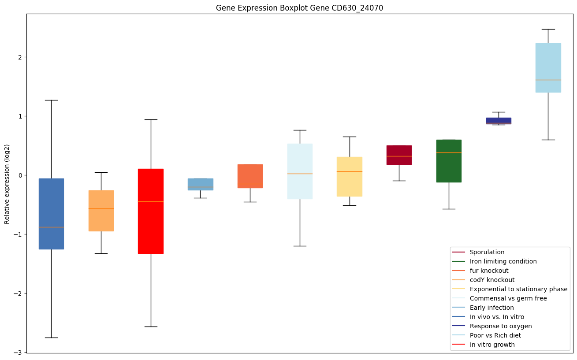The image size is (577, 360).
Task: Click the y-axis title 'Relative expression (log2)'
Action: [7, 183]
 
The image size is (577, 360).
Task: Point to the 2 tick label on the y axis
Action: [20, 57]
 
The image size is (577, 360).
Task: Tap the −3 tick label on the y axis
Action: [18, 353]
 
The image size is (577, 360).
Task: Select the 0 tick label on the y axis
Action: [20, 175]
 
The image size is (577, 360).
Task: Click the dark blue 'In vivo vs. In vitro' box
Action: [51, 214]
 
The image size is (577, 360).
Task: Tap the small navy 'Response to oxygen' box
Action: [499, 121]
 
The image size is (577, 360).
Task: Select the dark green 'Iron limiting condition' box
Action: [449, 161]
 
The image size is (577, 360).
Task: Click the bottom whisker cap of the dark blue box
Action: [51, 338]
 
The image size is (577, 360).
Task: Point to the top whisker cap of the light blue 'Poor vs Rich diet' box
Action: [548, 29]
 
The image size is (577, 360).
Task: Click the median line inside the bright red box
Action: [151, 201]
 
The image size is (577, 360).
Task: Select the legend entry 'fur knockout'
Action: [489, 271]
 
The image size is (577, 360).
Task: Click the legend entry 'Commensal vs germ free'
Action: [508, 298]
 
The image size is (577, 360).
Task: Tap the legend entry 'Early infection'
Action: [491, 308]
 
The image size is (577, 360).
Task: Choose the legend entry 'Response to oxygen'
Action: [500, 326]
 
